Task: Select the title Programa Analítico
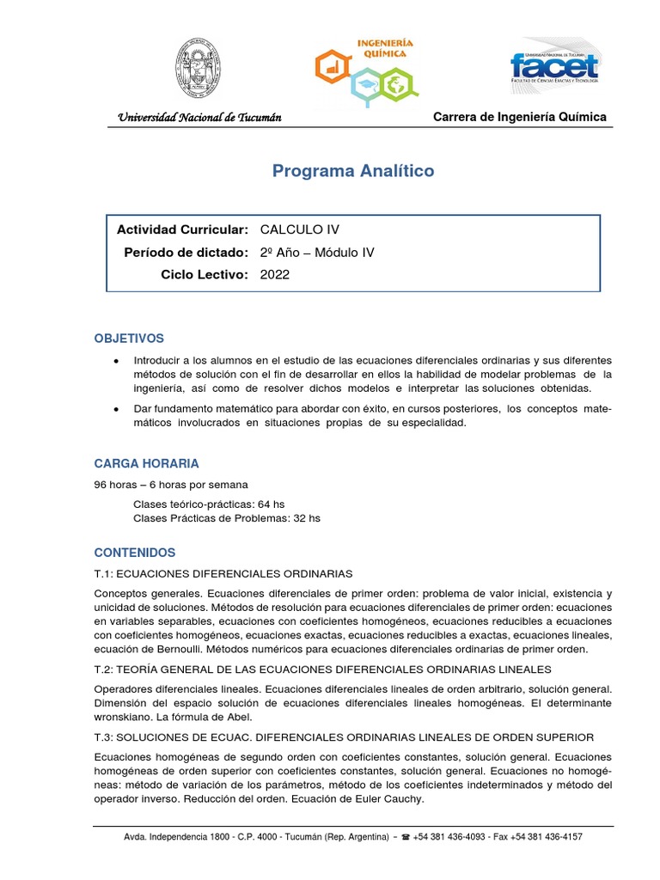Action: tap(353, 171)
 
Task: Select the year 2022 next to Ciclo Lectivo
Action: tap(275, 274)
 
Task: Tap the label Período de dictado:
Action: tap(186, 252)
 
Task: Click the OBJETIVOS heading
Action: tap(129, 339)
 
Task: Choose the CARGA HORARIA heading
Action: tap(146, 464)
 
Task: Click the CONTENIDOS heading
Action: tap(135, 553)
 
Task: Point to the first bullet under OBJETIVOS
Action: tap(116, 360)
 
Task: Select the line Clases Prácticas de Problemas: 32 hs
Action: tap(226, 518)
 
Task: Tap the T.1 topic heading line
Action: tap(223, 573)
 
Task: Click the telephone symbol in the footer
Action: tap(406, 836)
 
